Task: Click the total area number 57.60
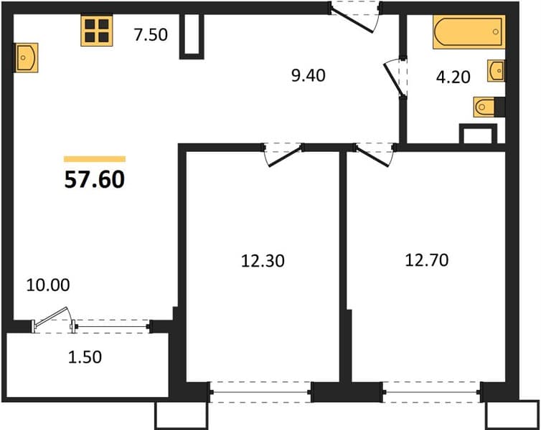click(94, 179)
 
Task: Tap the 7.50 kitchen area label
click(151, 34)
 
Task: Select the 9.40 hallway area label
click(308, 75)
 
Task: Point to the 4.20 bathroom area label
click(453, 77)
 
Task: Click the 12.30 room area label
click(263, 261)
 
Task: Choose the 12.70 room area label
click(427, 259)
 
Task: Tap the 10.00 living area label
click(48, 285)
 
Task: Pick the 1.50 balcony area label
click(85, 357)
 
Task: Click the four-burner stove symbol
click(97, 30)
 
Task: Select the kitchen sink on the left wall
click(26, 58)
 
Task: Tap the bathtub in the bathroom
click(469, 32)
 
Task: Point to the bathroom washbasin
click(496, 71)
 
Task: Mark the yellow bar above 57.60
click(95, 159)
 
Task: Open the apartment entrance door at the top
click(354, 17)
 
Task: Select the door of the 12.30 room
click(283, 154)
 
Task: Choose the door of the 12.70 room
click(375, 154)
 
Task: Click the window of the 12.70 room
click(432, 392)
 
